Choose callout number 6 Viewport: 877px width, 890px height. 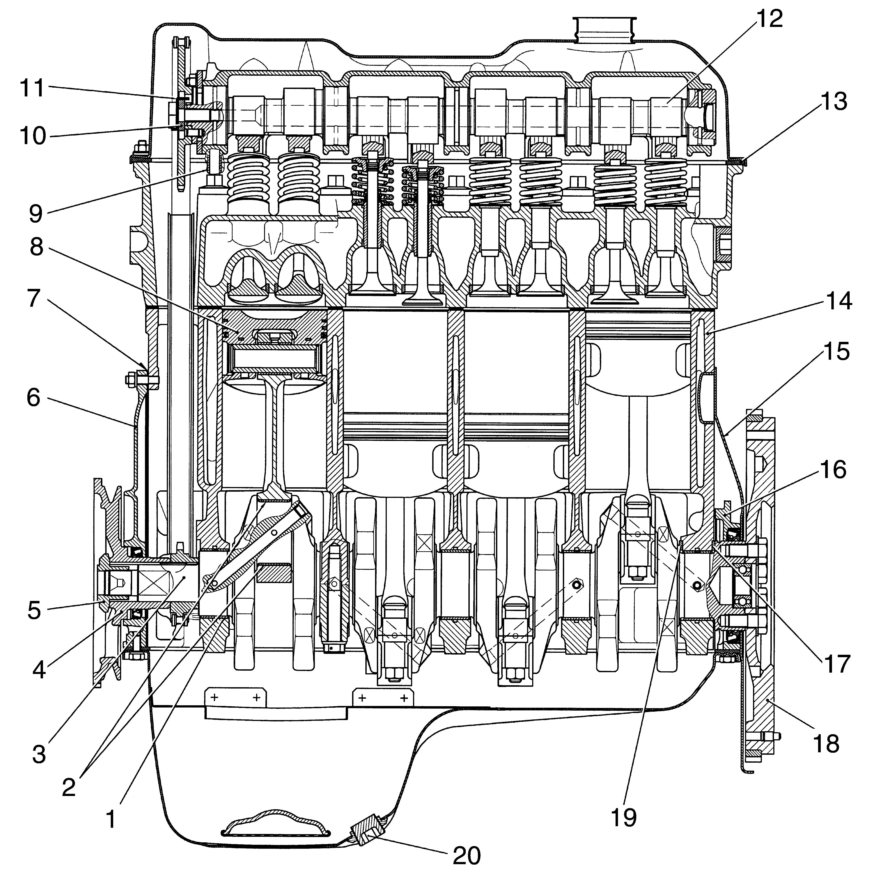coord(33,397)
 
